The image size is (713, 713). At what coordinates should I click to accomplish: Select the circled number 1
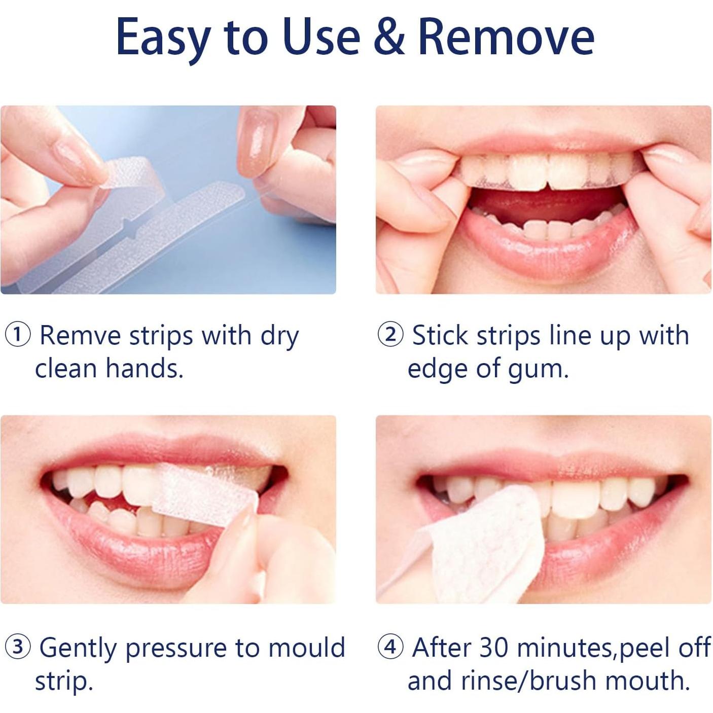(17, 336)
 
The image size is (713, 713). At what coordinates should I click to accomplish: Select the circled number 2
(390, 336)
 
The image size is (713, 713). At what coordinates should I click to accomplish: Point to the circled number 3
(17, 648)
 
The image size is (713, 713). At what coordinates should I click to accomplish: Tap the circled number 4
(390, 648)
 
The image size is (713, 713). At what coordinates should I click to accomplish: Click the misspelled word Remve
(80, 336)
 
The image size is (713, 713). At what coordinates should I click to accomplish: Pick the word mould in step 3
(306, 648)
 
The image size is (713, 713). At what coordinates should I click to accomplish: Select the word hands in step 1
(144, 368)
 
